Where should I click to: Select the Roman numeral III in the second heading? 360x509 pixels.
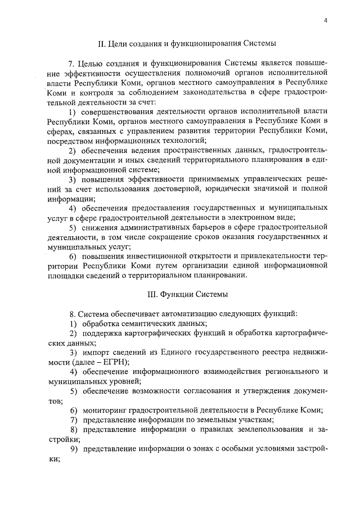[150, 294]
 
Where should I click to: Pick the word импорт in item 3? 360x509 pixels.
[95, 352]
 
